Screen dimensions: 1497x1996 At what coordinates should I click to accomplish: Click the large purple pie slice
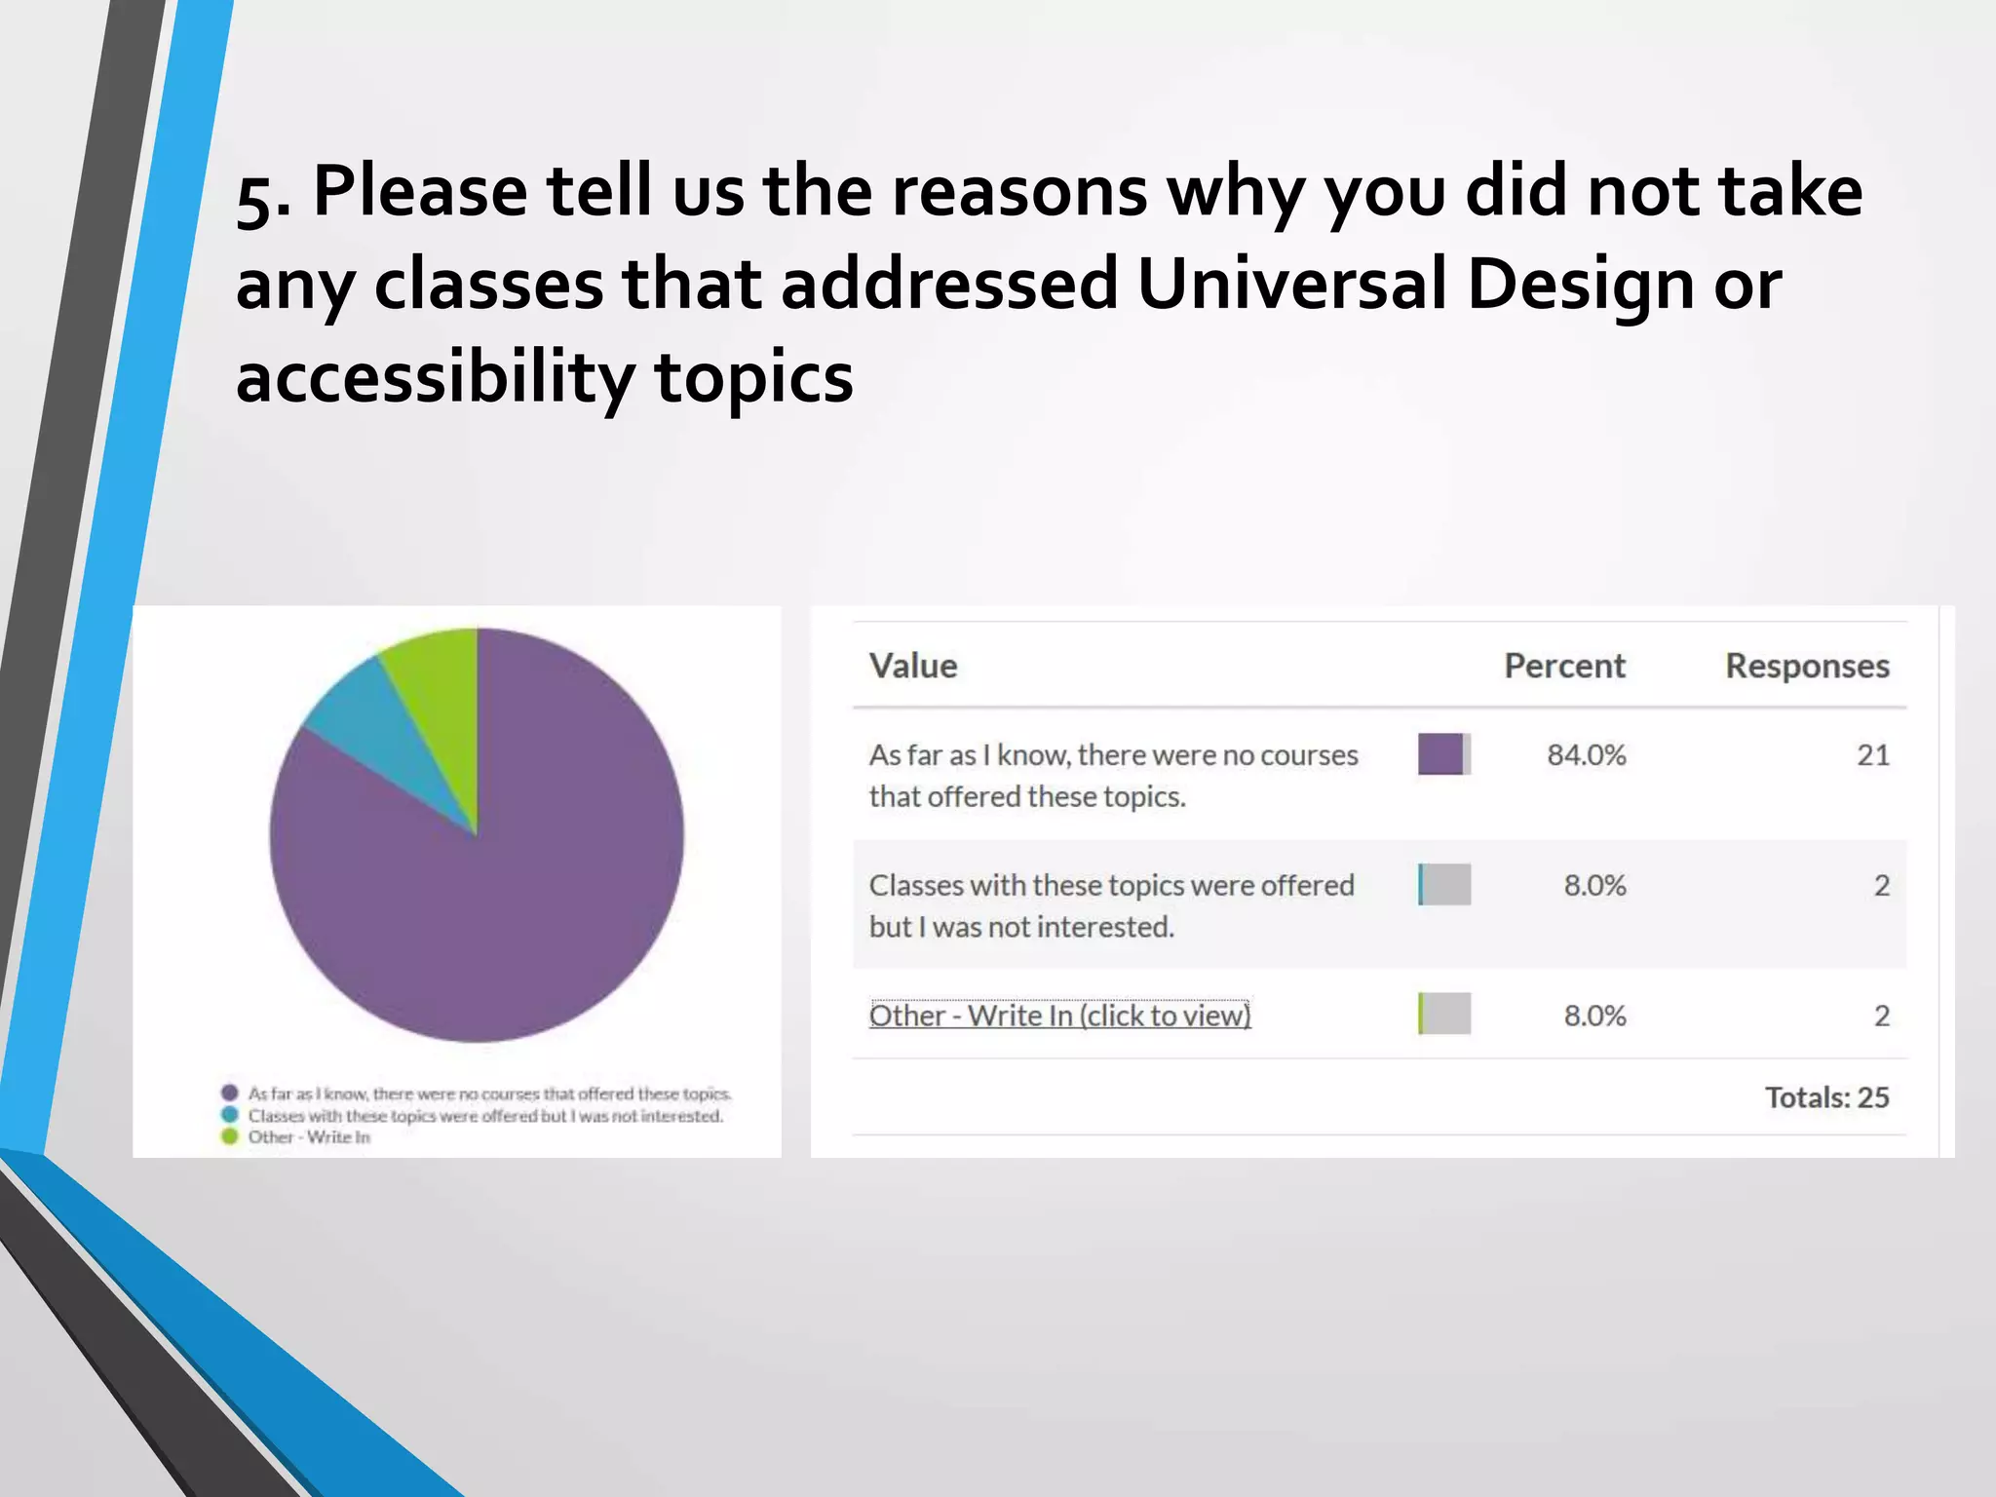pos(487,897)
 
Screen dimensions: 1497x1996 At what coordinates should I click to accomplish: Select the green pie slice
pos(439,692)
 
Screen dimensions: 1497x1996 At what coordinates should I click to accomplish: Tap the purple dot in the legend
pos(230,1093)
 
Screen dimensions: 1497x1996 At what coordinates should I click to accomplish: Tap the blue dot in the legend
pos(230,1115)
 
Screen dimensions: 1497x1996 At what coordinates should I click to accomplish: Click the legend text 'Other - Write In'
pos(309,1136)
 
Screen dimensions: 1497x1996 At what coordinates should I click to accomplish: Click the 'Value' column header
pos(913,666)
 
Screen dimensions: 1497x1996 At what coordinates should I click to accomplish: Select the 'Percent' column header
pos(1564,666)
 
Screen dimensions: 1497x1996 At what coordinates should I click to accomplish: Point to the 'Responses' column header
pos(1807,666)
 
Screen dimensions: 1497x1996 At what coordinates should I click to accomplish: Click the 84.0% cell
pos(1587,755)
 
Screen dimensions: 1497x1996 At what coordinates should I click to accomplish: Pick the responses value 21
pos(1872,755)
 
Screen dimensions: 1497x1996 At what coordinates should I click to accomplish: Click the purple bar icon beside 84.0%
pos(1443,754)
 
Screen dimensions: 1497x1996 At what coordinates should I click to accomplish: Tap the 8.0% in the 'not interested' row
pos(1594,885)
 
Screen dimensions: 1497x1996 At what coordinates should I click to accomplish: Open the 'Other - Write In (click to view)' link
pos(1059,1016)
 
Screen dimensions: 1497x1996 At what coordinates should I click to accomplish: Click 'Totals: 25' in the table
pos(1826,1097)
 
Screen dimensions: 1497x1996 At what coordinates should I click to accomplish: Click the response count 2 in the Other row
pos(1881,1016)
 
